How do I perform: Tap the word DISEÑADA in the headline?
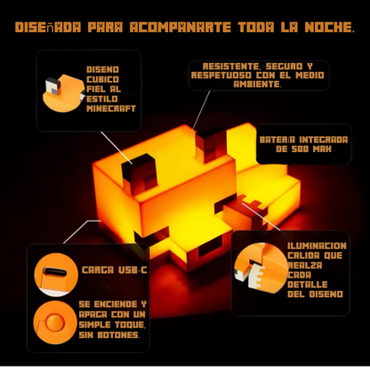[x=48, y=27]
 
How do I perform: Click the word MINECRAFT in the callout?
[x=111, y=109]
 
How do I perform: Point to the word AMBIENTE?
[x=257, y=84]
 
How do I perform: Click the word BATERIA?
[x=277, y=140]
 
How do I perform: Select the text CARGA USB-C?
[x=114, y=270]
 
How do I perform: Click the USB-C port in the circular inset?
[x=55, y=271]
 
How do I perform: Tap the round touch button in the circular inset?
[x=55, y=322]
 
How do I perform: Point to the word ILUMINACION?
[x=317, y=245]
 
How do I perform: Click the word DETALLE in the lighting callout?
[x=308, y=285]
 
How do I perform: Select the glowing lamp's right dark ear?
[x=211, y=144]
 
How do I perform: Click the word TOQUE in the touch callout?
[x=130, y=325]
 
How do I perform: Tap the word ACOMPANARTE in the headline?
[x=181, y=27]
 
